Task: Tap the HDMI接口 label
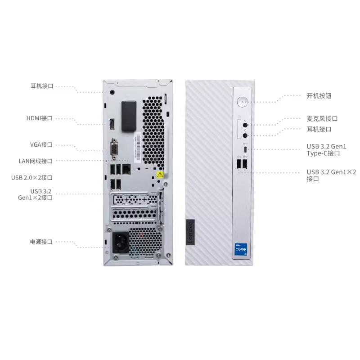40,118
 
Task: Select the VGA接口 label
41,144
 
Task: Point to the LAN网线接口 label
36,161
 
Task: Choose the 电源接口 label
41,242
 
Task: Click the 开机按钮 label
319,96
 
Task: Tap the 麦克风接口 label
322,119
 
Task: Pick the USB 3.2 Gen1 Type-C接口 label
327,150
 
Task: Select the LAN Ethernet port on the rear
127,169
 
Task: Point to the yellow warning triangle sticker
159,174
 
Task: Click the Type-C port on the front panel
245,149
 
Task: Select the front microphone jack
245,125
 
